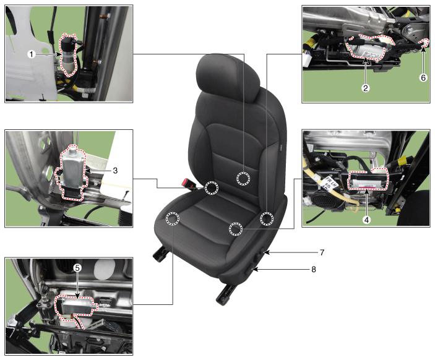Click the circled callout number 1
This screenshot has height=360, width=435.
coord(32,54)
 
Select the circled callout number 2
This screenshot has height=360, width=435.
coord(365,88)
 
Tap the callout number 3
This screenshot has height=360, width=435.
coord(116,171)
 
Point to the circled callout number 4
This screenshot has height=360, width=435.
coord(366,220)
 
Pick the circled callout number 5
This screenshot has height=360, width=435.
coord(77,268)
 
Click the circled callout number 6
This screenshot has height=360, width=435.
coord(423,78)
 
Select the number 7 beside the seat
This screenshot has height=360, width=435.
coord(322,252)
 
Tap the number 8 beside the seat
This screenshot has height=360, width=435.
coord(314,269)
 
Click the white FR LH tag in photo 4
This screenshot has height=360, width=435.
coord(329,184)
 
